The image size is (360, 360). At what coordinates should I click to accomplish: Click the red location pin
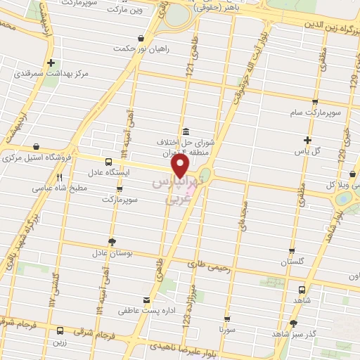click(181, 167)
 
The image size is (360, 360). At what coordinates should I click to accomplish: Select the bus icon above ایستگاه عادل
click(107, 161)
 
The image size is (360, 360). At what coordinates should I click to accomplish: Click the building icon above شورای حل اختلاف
click(185, 131)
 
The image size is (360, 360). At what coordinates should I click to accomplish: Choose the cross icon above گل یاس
click(307, 140)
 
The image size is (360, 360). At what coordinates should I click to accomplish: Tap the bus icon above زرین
click(60, 329)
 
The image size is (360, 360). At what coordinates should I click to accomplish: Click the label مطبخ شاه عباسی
click(58, 188)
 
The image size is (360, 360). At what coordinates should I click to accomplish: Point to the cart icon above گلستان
click(292, 250)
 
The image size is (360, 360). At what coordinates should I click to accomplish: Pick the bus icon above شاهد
click(302, 288)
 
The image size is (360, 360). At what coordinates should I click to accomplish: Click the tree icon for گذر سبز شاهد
click(293, 323)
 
